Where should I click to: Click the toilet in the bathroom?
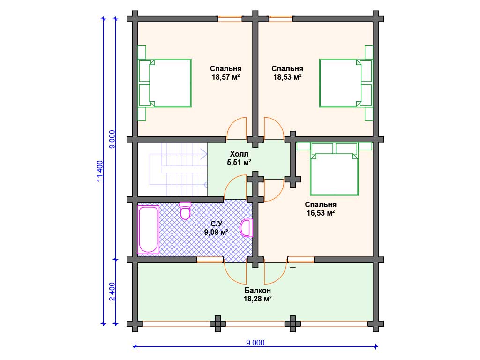coord(185,210)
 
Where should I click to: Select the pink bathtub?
coord(149,230)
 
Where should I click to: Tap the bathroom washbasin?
coord(247,228)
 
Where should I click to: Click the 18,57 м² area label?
coord(225,77)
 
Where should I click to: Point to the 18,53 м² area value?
coord(287,77)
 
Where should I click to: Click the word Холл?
coord(239,154)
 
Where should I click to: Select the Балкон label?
coord(257,290)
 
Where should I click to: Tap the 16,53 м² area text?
coord(321,213)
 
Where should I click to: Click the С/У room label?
coord(217,224)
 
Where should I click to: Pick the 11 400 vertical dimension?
coord(100,171)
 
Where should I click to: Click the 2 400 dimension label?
coord(112,292)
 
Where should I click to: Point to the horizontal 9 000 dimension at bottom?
coord(255,343)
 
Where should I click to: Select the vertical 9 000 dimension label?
coord(112,139)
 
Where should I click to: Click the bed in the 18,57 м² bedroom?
coord(165,83)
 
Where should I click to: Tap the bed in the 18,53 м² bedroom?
coord(346,83)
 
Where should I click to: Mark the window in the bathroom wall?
coord(210,260)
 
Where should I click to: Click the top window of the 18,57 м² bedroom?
coord(230,19)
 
